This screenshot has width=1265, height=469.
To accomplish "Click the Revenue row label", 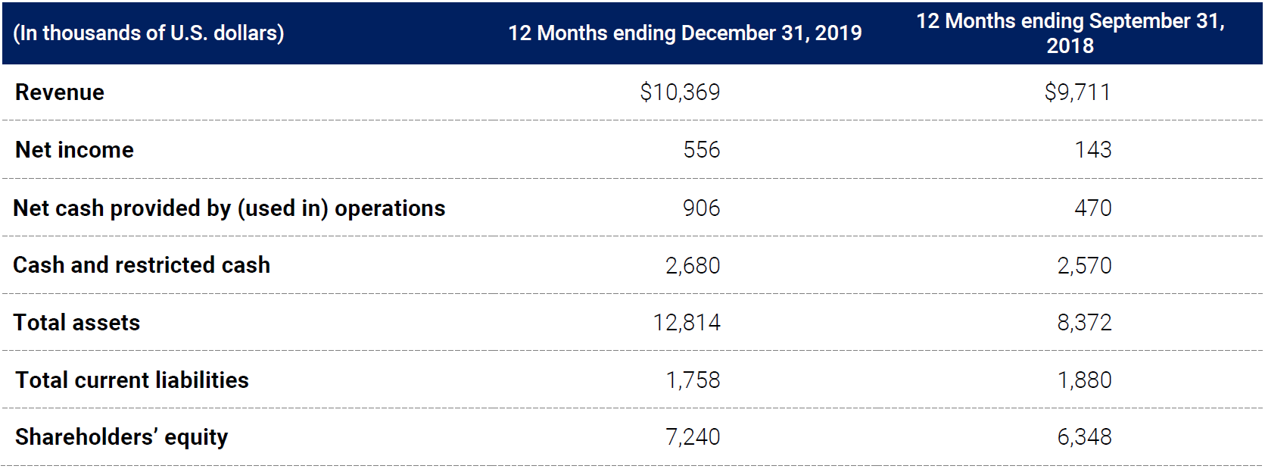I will (60, 92).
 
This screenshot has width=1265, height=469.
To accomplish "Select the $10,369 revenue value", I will (680, 92).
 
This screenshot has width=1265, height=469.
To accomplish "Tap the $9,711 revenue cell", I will (1077, 92).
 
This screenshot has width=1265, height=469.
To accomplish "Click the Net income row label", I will (74, 150).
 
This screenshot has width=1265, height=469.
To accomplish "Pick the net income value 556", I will (701, 150).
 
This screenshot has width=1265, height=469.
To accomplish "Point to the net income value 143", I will (1092, 150).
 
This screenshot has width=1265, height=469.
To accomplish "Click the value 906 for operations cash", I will (701, 208).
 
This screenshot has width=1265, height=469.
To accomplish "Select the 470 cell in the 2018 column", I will (1092, 208).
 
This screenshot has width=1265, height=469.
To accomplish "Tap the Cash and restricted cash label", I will (142, 265).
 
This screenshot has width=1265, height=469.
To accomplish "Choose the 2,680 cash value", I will (693, 266).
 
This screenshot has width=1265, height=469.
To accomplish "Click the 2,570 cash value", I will (1084, 266).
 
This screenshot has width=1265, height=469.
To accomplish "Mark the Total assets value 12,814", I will (687, 323).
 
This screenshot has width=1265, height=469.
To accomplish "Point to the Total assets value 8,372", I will (1084, 323).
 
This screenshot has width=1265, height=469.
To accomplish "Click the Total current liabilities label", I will (132, 380).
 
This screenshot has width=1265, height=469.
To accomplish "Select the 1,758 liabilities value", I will (693, 380).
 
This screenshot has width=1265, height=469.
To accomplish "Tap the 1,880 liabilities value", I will (1084, 380).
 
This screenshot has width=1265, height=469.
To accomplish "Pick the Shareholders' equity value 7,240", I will (693, 437).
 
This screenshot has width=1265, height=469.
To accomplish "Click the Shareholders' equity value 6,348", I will (1084, 437).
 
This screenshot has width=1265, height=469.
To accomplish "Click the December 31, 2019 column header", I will (685, 33).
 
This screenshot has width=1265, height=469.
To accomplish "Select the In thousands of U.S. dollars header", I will (148, 33).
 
